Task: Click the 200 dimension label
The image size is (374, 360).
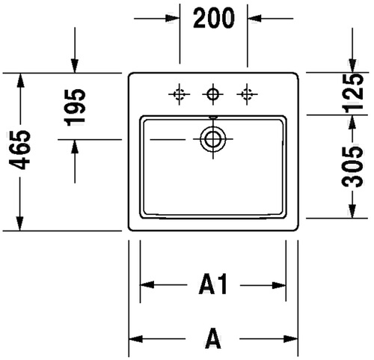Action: tap(214, 18)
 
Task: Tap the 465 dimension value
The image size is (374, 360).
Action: tap(19, 150)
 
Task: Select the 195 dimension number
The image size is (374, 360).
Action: tap(75, 107)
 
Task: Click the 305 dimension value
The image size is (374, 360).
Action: tap(352, 167)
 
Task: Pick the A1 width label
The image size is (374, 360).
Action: tap(213, 284)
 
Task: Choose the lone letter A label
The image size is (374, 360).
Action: tap(212, 338)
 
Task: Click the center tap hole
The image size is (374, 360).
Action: tap(212, 94)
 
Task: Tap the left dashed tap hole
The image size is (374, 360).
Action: tap(179, 94)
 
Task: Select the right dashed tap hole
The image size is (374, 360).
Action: tap(247, 94)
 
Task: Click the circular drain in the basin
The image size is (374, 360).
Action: tap(212, 138)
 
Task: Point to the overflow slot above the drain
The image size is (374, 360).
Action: tap(213, 117)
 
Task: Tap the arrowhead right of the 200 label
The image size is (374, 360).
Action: tap(254, 18)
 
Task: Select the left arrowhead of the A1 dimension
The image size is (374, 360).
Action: tap(147, 284)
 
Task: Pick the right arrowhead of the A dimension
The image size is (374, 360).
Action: tap(291, 339)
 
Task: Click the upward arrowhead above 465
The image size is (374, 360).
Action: tap(20, 80)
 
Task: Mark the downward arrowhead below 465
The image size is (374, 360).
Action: tap(19, 223)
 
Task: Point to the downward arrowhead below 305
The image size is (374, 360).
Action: tap(352, 211)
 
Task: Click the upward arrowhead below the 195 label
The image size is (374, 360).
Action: tap(75, 147)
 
